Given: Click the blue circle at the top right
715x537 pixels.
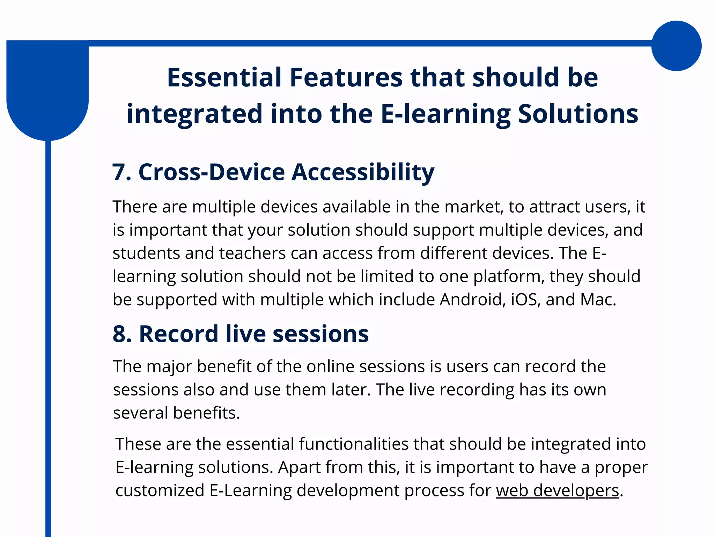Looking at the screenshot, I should click(x=676, y=46).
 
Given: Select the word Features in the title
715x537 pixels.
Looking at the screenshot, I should click(x=346, y=77).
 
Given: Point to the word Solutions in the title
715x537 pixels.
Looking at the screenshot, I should click(x=578, y=114).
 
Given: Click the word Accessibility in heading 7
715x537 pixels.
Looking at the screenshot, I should click(x=363, y=173).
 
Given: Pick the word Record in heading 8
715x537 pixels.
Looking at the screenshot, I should click(x=178, y=334).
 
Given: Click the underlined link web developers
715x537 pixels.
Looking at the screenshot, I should click(x=557, y=491).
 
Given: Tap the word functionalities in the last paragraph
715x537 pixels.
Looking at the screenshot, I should click(x=353, y=444).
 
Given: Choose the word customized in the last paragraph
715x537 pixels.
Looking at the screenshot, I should click(x=160, y=491).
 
